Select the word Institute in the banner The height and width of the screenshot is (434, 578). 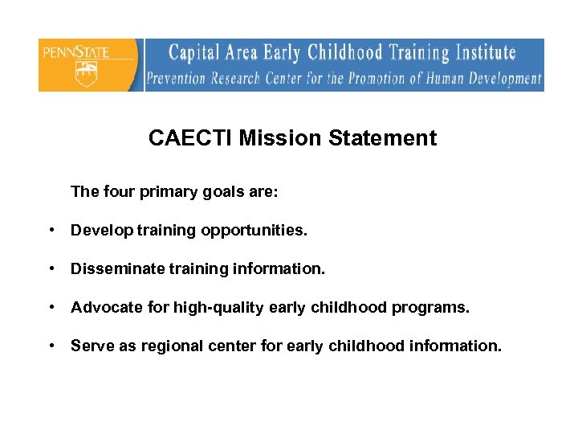(x=485, y=54)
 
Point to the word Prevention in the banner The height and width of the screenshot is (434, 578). (x=177, y=79)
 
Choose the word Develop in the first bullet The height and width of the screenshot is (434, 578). (x=101, y=231)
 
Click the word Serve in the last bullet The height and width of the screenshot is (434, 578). (x=89, y=346)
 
